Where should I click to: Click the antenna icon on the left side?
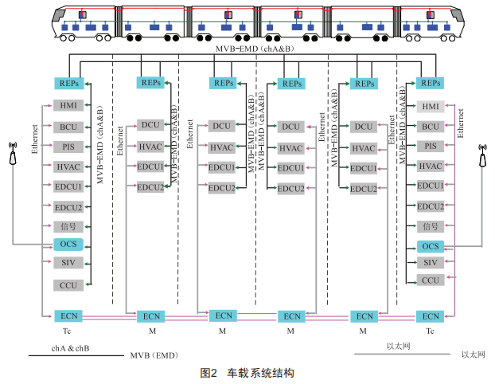13,154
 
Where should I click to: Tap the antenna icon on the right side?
482,155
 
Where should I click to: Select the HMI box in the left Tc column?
68,106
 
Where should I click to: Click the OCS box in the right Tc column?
431,246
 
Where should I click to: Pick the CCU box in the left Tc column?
68,285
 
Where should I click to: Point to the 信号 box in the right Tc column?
431,226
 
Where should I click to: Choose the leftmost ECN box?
68,316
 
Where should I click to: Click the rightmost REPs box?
431,83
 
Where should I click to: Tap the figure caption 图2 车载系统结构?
247,374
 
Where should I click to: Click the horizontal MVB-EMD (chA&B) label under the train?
255,49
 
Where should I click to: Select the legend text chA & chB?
70,348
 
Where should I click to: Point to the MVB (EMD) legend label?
154,355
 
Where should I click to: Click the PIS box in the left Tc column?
68,147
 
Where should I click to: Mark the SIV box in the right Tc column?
431,262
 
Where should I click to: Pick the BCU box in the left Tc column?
68,127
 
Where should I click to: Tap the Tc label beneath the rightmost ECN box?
430,331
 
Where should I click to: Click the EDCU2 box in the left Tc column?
68,207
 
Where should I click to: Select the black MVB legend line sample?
76,356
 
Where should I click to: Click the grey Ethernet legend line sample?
402,355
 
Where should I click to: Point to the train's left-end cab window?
59,15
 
